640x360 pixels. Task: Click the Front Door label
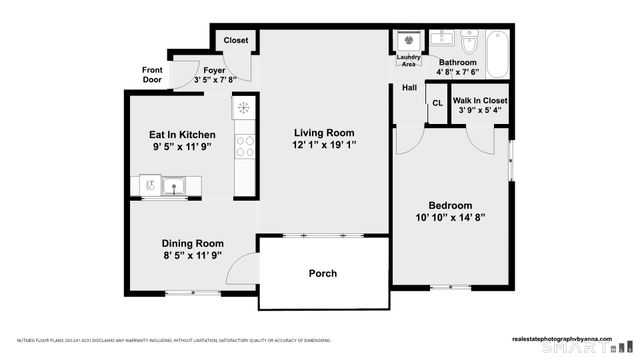point(152,74)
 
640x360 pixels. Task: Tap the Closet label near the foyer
point(236,40)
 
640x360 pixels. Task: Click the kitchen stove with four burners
point(245,146)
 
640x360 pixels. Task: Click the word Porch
point(322,273)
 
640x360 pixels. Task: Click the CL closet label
point(437,103)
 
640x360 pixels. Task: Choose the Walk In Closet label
point(480,101)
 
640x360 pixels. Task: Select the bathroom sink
point(445,43)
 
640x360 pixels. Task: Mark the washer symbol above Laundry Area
point(408,41)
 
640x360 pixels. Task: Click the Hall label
point(409,88)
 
